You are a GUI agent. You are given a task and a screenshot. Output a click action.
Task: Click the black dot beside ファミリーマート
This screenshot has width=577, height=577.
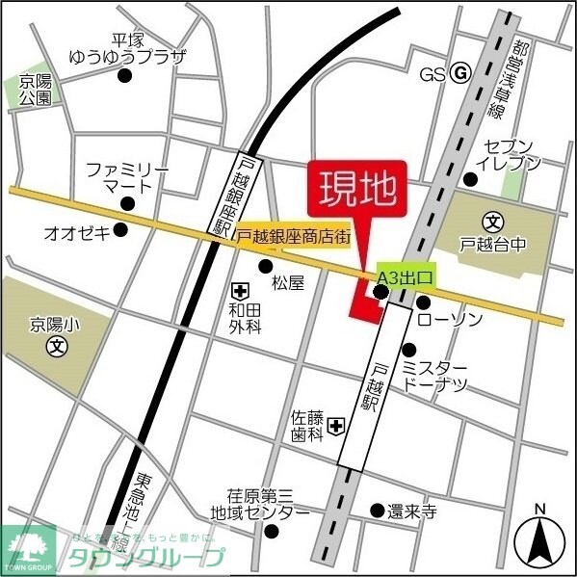tap(127, 202)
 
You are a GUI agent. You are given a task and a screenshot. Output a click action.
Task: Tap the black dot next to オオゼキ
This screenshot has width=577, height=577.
tap(120, 229)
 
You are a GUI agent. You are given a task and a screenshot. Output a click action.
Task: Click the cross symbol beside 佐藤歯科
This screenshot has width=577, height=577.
tap(336, 425)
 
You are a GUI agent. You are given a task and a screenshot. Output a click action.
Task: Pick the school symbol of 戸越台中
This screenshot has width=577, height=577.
tap(492, 221)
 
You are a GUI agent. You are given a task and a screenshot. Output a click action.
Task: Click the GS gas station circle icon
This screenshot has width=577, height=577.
tap(460, 73)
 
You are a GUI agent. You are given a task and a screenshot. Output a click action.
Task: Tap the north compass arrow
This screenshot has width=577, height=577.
tap(540, 539)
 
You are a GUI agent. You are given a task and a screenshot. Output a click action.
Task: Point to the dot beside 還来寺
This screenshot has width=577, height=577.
tap(378, 511)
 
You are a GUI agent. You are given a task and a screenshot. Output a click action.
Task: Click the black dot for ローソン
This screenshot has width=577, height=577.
tap(423, 302)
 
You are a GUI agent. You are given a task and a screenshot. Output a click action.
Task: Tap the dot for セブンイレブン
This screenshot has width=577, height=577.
tap(470, 179)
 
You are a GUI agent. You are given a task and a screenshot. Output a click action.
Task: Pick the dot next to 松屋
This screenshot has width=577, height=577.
tap(266, 267)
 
